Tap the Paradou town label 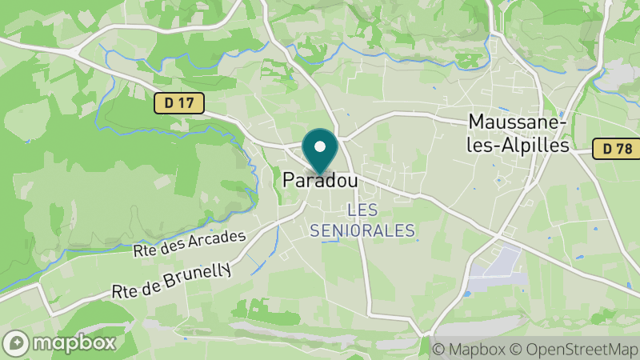point(319,182)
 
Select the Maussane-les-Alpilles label point(519,134)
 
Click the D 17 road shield point(179,102)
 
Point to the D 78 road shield point(618,148)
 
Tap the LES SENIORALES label point(362,221)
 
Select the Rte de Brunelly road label point(172,281)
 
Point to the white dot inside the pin point(321,146)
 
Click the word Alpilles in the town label point(532,146)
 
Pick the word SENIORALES point(362,230)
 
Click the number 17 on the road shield point(187,102)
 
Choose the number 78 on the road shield point(626,148)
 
